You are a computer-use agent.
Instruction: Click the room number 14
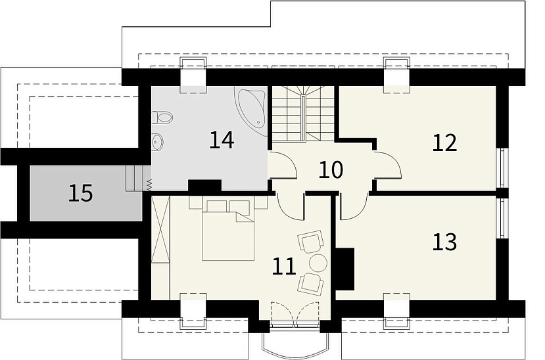[x=222, y=140]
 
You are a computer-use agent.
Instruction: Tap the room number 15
[x=81, y=193]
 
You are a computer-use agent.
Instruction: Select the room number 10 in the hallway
[x=331, y=170]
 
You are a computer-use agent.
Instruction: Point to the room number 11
[x=284, y=267]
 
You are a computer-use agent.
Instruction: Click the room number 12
[x=444, y=143]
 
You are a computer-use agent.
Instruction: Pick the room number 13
[x=444, y=242]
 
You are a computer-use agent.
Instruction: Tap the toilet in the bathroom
[x=162, y=118]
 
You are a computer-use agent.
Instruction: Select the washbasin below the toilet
[x=157, y=142]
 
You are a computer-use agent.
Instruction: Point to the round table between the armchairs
[x=318, y=263]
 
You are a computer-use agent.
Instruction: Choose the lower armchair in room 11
[x=311, y=284]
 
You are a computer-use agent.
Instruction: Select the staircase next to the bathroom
[x=302, y=114]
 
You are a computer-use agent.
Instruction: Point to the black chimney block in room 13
[x=345, y=269]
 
